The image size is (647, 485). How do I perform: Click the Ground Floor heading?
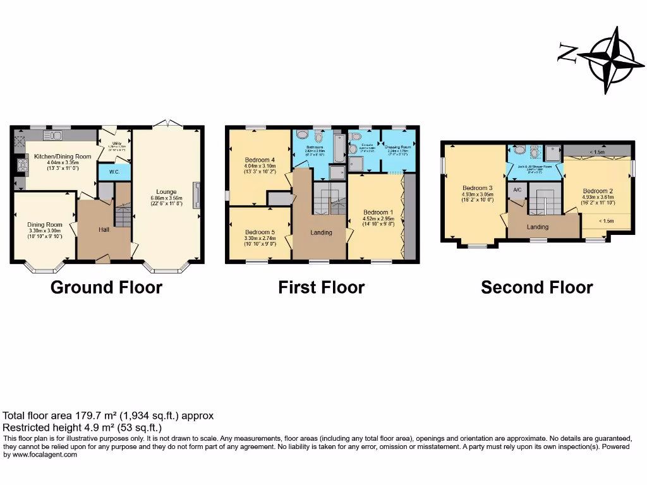(x=106, y=288)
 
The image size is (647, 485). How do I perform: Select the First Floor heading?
(x=321, y=288)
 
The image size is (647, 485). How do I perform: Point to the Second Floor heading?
(x=536, y=288)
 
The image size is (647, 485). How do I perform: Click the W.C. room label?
(x=114, y=171)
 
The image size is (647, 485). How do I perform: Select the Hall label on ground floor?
(x=104, y=230)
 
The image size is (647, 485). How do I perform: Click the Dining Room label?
(x=44, y=224)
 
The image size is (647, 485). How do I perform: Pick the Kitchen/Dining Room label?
(x=63, y=156)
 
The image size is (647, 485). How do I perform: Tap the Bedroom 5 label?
(x=260, y=232)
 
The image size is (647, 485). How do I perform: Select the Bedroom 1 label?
(x=378, y=212)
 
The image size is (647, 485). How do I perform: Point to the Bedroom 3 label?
(x=477, y=188)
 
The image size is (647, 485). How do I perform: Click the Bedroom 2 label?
(x=598, y=191)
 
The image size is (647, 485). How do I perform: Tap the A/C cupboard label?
(x=517, y=190)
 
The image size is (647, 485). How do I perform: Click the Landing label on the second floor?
(x=538, y=227)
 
